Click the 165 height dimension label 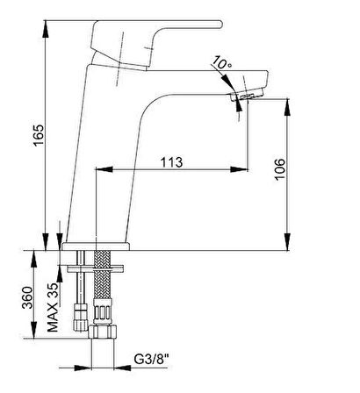pyautogui.click(x=39, y=135)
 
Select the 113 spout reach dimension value pyautogui.click(x=172, y=162)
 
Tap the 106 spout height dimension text pyautogui.click(x=280, y=169)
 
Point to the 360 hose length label pyautogui.click(x=27, y=297)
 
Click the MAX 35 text pyautogui.click(x=53, y=307)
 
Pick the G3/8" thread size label pyautogui.click(x=152, y=359)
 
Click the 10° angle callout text pyautogui.click(x=221, y=62)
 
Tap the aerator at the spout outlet pyautogui.click(x=248, y=95)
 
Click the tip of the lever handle pyautogui.click(x=220, y=25)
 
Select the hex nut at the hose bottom pyautogui.click(x=103, y=332)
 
